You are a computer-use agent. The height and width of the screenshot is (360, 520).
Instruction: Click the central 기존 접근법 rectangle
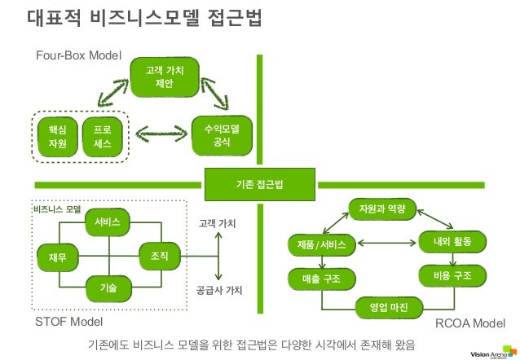coord(259,185)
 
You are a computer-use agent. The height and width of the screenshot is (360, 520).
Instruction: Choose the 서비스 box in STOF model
coord(108,222)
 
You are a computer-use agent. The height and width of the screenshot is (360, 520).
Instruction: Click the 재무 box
coord(58,257)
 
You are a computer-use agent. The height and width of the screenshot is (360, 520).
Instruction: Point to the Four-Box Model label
coord(78,56)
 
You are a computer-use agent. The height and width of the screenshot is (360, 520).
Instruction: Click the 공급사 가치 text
coord(220,289)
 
